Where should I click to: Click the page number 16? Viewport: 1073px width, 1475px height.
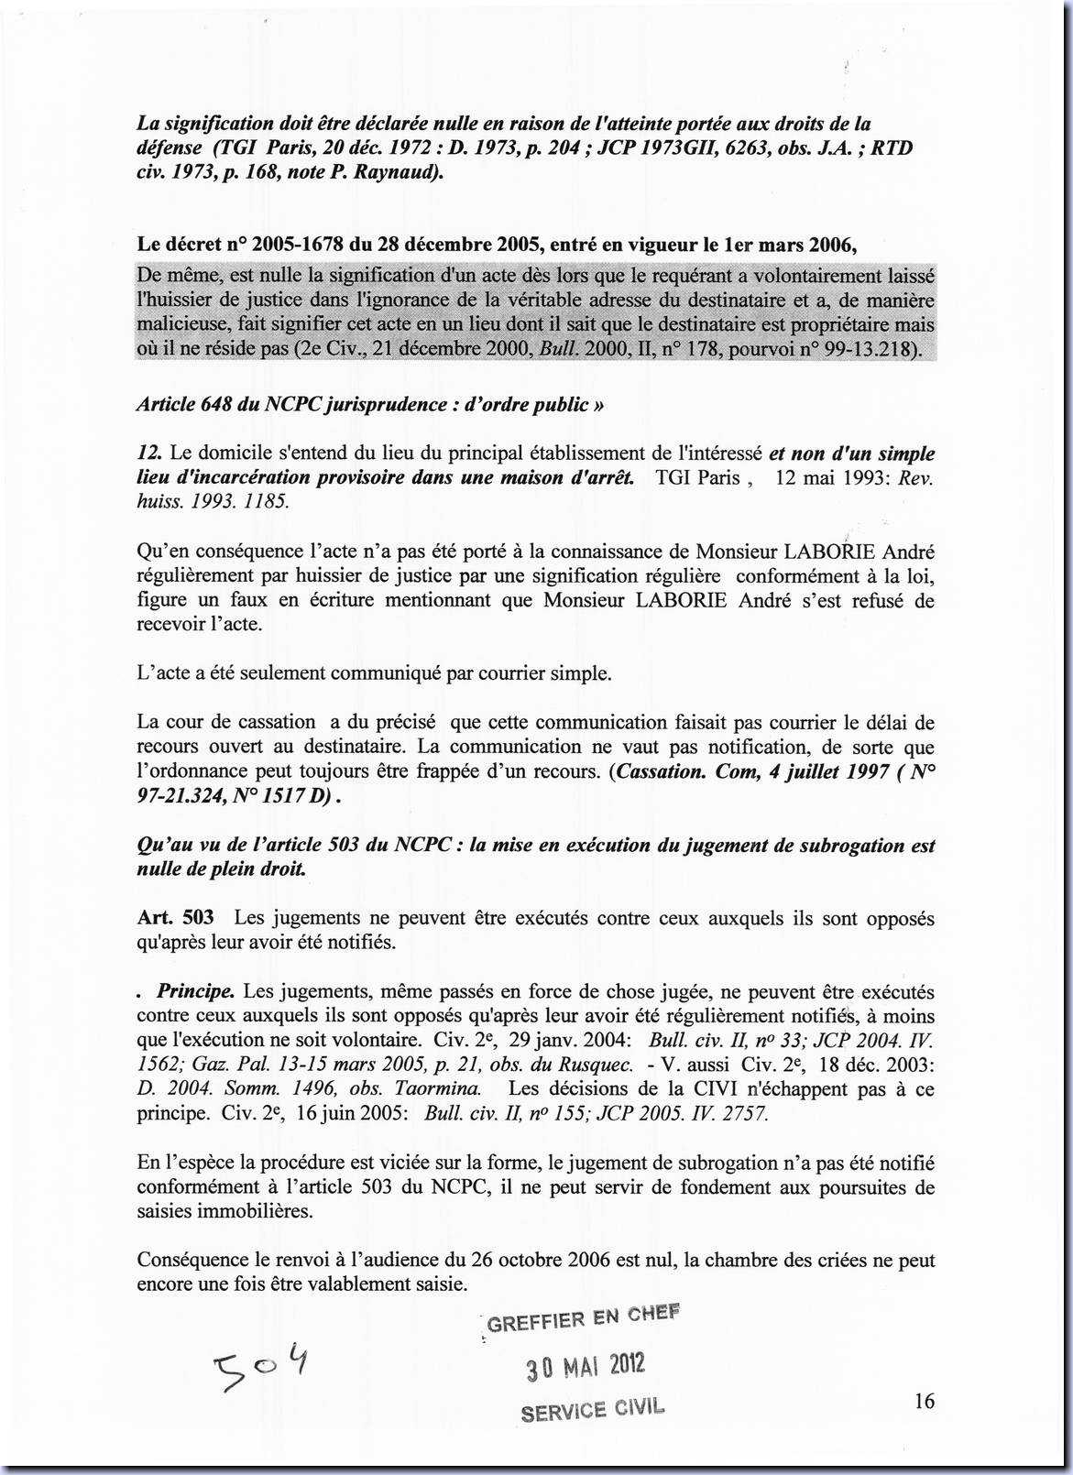tap(924, 1401)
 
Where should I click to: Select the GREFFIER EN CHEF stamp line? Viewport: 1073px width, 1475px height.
tap(584, 1318)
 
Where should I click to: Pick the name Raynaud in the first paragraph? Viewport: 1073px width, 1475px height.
tap(402, 171)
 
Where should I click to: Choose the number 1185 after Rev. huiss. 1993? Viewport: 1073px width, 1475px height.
tap(267, 501)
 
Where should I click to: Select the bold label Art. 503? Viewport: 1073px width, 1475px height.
tap(175, 918)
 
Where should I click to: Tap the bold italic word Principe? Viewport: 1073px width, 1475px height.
tap(196, 991)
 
